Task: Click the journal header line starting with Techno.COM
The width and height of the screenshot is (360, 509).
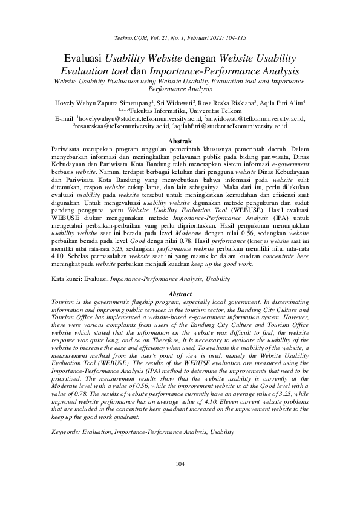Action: click(180, 38)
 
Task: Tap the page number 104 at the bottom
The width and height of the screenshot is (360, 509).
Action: click(180, 481)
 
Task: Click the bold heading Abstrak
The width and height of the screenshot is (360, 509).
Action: click(180, 141)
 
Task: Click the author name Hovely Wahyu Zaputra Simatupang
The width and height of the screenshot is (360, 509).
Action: click(103, 102)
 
